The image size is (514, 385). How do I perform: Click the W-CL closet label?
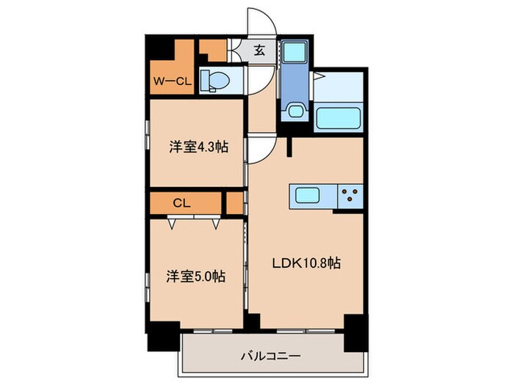pos(172,81)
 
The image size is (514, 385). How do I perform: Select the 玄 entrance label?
pos(260,51)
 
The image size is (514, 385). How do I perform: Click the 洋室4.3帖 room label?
pos(198,147)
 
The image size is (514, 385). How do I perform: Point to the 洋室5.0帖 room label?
pos(195,277)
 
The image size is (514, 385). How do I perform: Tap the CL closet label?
pos(182,203)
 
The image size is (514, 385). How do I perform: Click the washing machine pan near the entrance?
pos(296,53)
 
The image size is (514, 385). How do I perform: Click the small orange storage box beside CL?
pos(235,203)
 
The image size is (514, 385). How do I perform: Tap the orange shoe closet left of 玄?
pos(213,51)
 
